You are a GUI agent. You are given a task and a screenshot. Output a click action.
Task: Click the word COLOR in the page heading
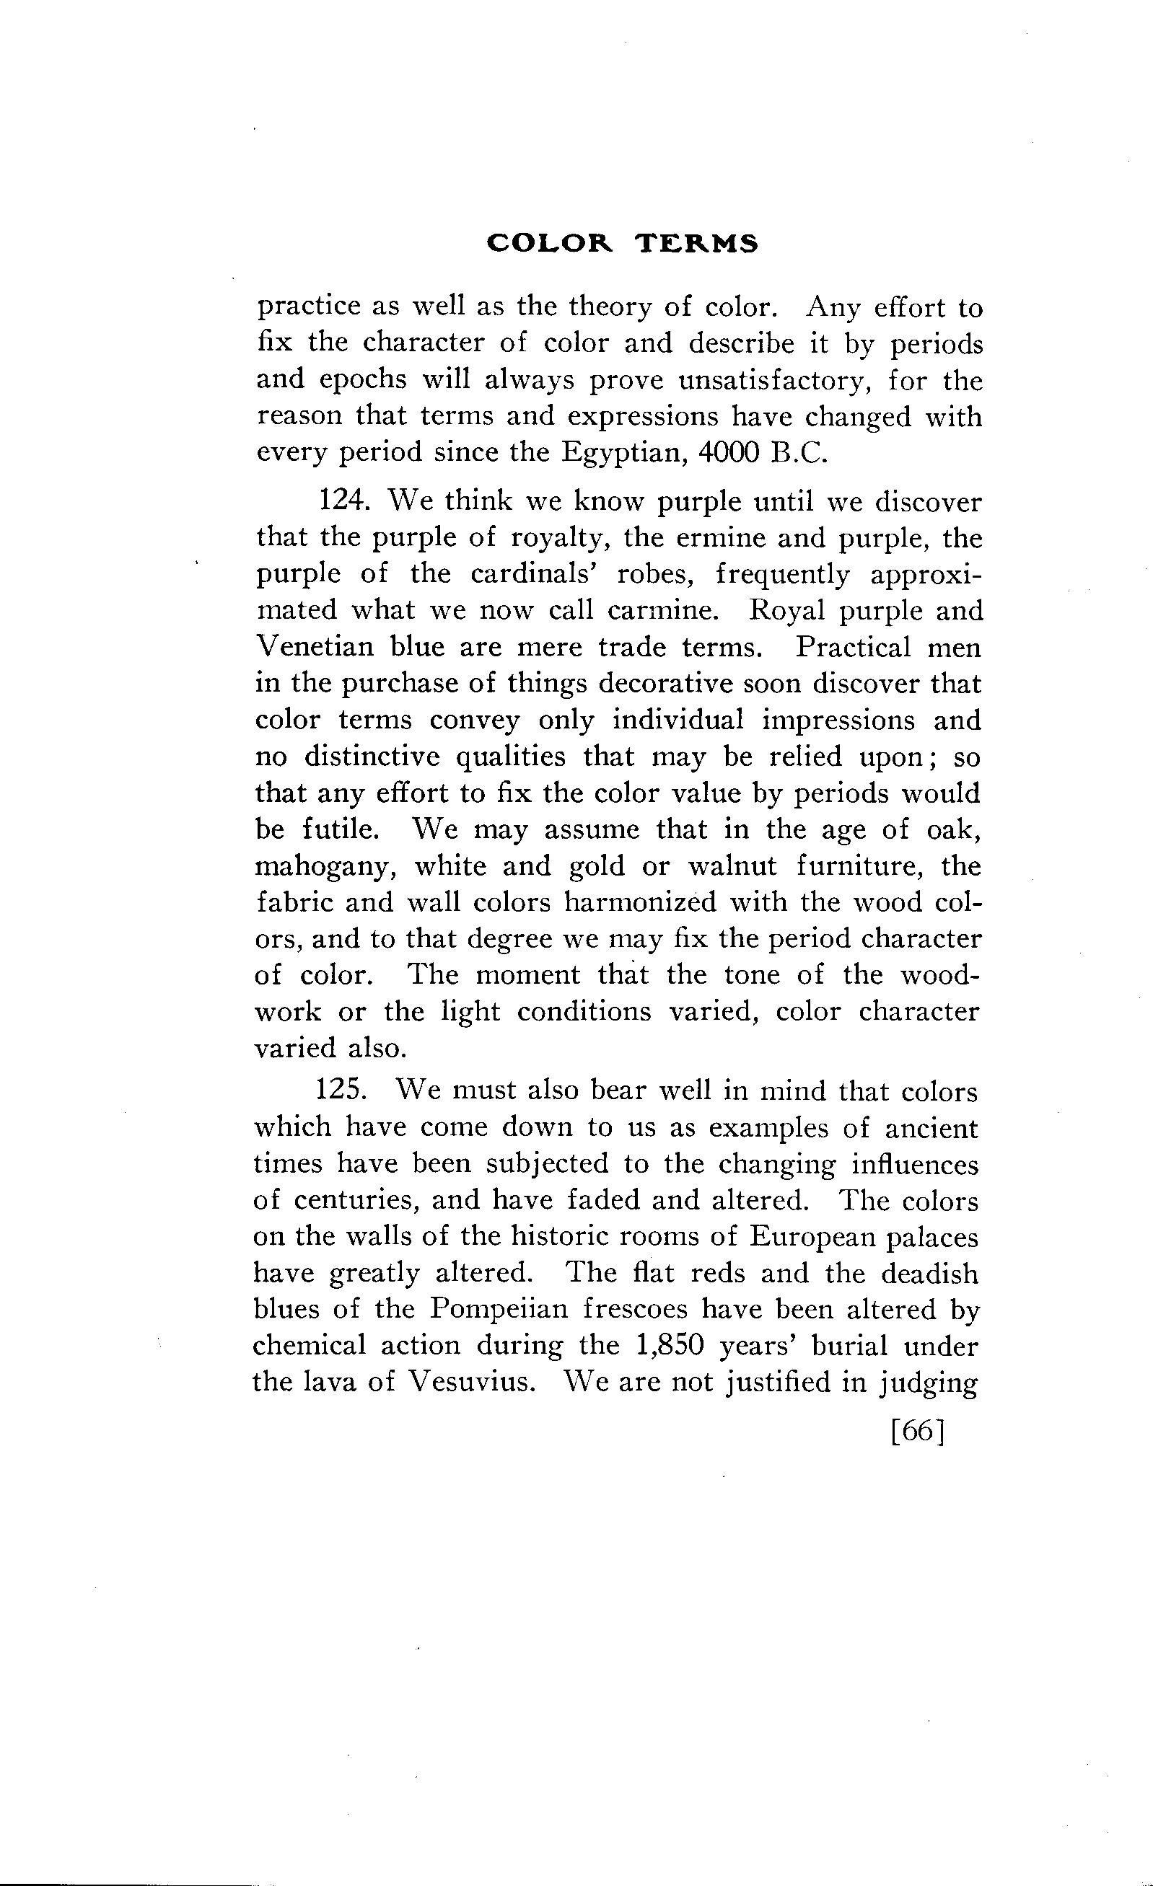point(551,243)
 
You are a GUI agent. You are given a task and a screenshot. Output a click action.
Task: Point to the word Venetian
point(314,647)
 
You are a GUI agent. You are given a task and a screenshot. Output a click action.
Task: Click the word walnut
point(732,865)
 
